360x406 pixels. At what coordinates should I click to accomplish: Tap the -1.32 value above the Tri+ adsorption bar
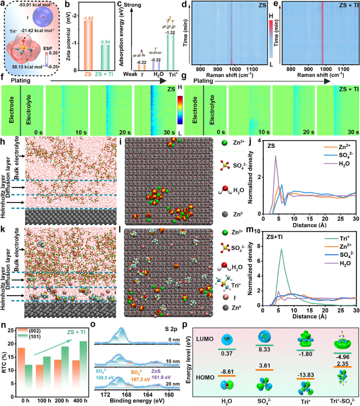click(170, 32)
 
